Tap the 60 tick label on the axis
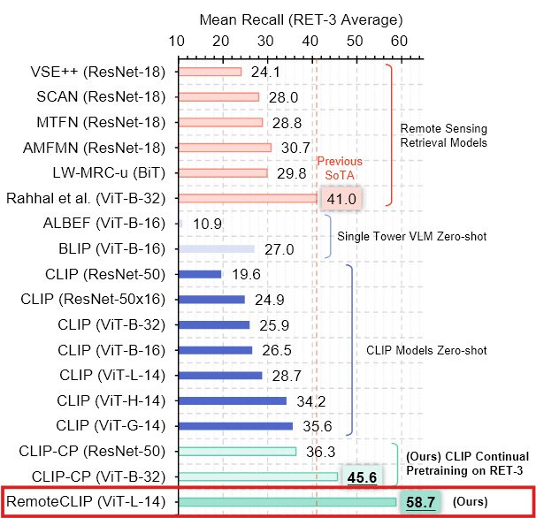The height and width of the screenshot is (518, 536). tap(399, 41)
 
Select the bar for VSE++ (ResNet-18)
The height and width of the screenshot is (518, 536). tap(210, 72)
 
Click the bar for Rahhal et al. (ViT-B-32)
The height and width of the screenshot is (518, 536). tap(248, 199)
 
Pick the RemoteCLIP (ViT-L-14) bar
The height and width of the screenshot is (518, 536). tap(287, 502)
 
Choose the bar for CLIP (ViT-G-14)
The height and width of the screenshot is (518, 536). tap(235, 426)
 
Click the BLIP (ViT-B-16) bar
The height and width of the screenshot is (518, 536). tap(216, 249)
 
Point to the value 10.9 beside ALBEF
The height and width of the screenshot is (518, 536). tap(206, 224)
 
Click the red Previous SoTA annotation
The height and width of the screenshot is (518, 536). tap(339, 168)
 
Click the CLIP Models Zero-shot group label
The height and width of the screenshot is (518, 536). tap(426, 350)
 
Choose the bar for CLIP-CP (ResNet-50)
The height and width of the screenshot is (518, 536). tap(237, 451)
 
